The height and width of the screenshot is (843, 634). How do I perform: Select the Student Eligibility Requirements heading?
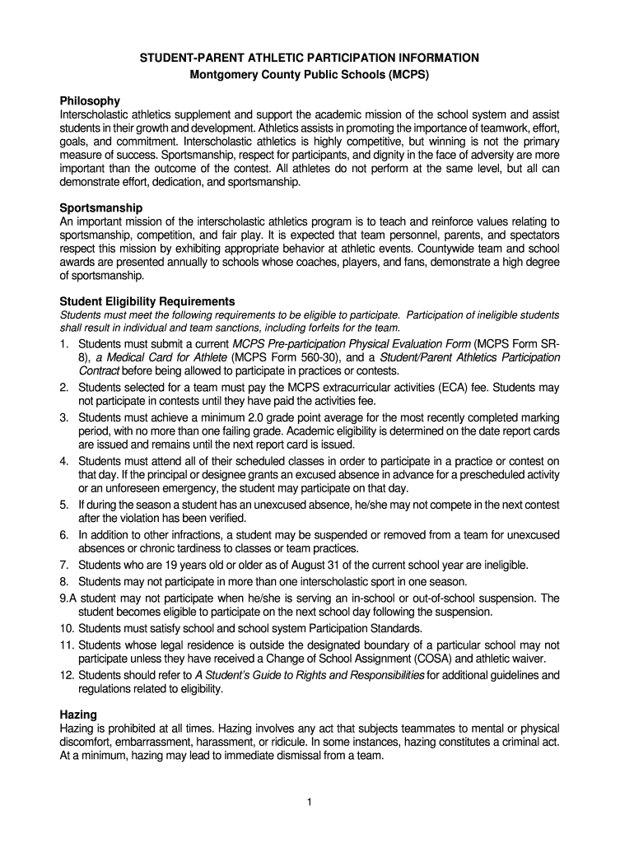coord(147,301)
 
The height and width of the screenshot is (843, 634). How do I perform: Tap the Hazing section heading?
coord(78,715)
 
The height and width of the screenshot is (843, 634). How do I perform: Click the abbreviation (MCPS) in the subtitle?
coord(405,73)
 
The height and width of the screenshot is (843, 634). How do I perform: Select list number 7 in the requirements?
coord(63,565)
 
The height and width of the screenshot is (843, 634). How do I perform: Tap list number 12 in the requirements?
coord(67,675)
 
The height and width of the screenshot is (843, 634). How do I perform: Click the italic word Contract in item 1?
coord(99,371)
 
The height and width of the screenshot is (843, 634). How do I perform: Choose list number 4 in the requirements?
coord(63,460)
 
